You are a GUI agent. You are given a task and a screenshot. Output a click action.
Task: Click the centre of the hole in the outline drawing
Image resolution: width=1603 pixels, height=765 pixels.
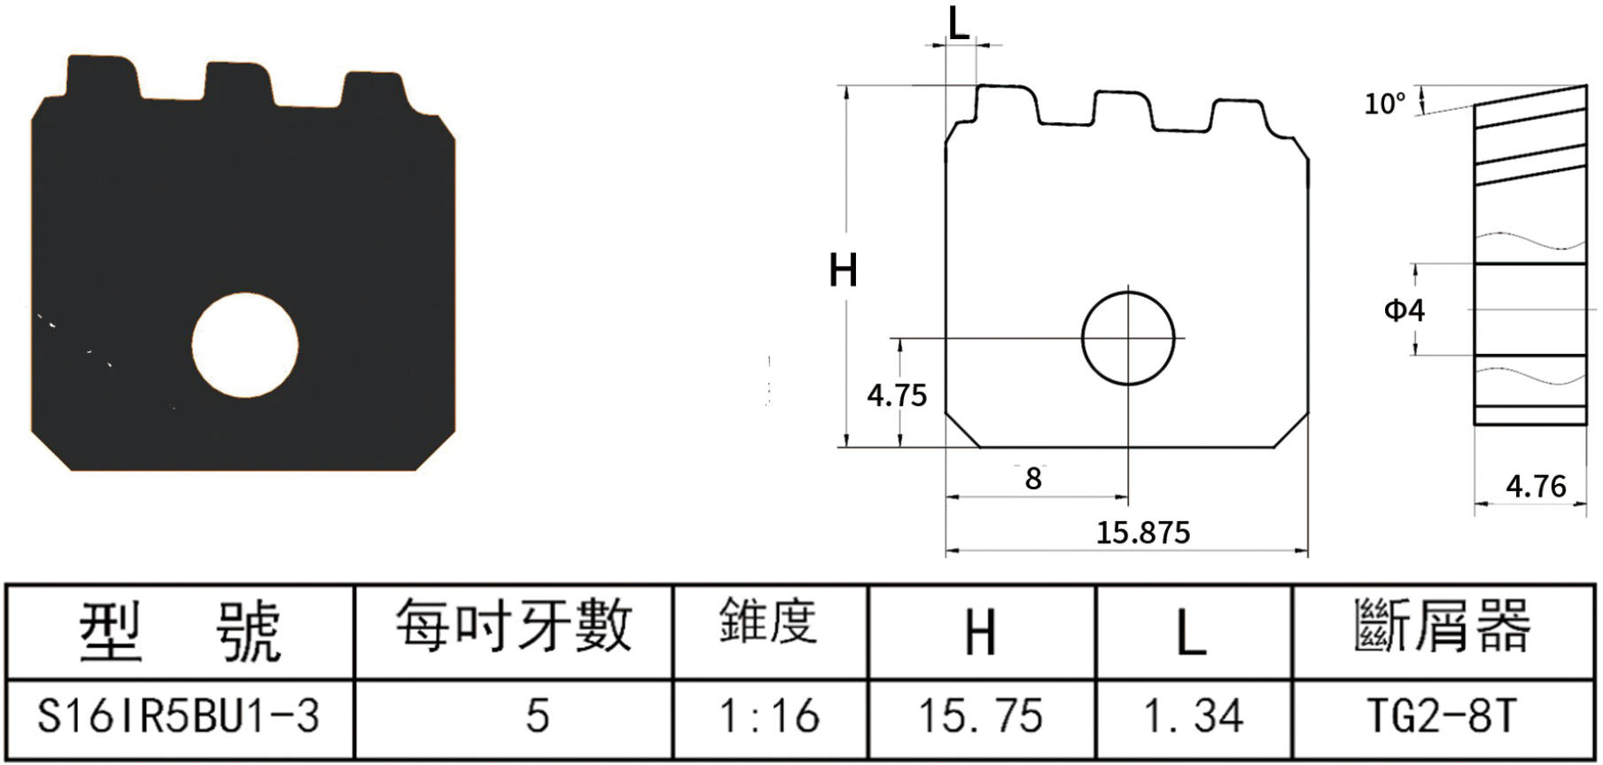[x=1128, y=338]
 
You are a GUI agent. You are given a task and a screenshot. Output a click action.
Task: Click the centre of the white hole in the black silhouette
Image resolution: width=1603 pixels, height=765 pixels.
[x=245, y=345]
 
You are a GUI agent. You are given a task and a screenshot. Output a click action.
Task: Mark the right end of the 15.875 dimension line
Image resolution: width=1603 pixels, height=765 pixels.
[x=1308, y=550]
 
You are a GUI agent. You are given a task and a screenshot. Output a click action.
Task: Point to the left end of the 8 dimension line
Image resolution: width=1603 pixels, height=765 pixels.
[x=946, y=497]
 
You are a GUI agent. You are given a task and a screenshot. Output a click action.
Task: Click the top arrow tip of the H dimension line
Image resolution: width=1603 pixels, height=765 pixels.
[x=847, y=86]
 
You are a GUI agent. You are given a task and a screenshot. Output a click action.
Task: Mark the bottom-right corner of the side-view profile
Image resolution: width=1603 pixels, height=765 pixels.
[x=1586, y=425]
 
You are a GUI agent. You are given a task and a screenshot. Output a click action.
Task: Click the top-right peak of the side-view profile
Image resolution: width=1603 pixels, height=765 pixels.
[x=1587, y=85]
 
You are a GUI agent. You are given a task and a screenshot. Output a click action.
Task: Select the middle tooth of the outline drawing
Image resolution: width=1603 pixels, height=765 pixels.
[x=1124, y=109]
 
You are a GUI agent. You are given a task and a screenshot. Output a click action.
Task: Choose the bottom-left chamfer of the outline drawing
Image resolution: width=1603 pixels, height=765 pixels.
[x=963, y=430]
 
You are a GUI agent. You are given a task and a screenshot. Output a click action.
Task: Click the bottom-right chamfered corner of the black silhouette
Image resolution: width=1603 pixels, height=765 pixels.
[x=436, y=451]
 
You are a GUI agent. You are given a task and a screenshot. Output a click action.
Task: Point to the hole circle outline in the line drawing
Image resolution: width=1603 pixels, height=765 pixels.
[x=1128, y=292]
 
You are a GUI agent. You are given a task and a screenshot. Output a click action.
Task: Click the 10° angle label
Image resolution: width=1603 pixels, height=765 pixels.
[x=1385, y=104]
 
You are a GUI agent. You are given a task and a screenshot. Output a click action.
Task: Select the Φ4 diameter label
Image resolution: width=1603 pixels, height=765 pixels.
[x=1405, y=310]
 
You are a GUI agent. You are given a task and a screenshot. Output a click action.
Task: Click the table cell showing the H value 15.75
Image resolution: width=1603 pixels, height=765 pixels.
[x=982, y=717]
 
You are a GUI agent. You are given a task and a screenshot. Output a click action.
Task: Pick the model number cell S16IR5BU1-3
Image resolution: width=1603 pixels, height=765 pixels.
[x=179, y=717]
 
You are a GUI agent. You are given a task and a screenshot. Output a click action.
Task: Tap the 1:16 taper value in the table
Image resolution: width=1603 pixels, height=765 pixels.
[x=770, y=717]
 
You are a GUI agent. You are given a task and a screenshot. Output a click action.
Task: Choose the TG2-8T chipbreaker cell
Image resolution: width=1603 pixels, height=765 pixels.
[x=1443, y=717]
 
